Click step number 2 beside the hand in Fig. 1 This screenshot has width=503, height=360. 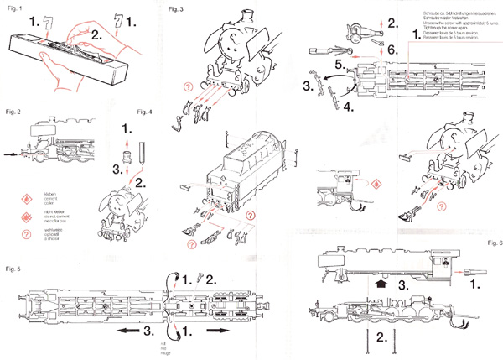coord(97,35)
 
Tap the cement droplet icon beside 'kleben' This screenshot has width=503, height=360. coord(23,194)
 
